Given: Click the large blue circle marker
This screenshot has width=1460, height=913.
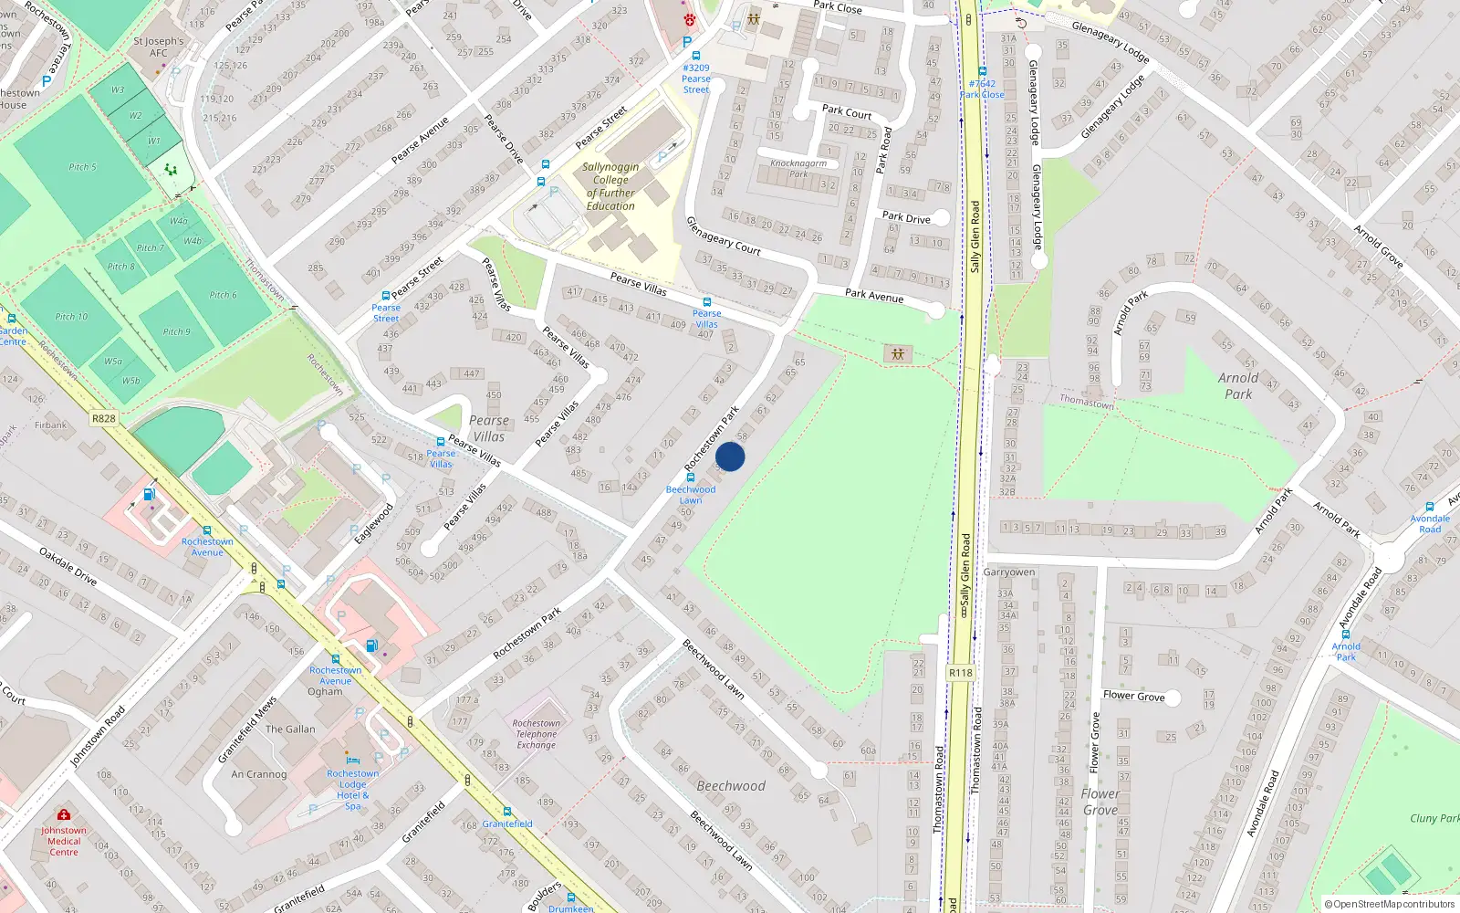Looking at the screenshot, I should [730, 456].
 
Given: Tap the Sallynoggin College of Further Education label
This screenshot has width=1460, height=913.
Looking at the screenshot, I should [610, 186].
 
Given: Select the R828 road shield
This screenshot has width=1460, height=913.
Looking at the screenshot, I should [103, 418].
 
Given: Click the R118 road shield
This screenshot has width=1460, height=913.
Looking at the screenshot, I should [960, 673].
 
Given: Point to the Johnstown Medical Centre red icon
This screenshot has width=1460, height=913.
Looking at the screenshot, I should [63, 814].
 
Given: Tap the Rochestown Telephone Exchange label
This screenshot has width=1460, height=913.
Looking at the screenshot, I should [537, 734].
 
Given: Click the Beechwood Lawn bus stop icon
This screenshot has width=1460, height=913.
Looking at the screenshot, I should [691, 477].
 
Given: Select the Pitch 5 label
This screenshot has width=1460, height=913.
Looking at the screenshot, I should [82, 167].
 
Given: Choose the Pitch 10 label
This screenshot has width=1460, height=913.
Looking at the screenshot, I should [71, 317].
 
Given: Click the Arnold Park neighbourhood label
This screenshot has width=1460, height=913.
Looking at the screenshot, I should [1238, 385].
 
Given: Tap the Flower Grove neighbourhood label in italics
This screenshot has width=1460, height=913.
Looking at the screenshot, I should [1100, 802].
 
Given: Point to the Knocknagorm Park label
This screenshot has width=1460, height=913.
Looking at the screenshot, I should [798, 168].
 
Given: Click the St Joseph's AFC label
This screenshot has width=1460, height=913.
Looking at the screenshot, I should [158, 47].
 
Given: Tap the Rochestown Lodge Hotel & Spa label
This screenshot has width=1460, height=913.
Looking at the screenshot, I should [353, 789].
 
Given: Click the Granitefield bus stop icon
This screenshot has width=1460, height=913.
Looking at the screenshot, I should [507, 812].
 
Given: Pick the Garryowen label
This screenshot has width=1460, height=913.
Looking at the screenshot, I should [1009, 572].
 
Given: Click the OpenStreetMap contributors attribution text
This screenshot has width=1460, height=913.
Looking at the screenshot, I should [1389, 904].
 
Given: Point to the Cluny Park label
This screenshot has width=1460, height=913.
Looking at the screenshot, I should [1434, 818].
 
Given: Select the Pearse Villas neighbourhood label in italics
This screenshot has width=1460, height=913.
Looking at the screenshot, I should [489, 428].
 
